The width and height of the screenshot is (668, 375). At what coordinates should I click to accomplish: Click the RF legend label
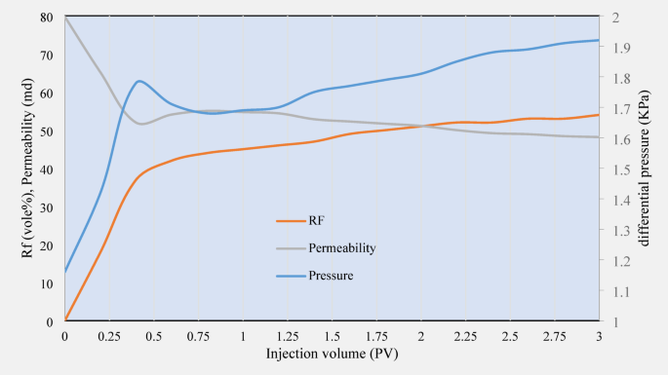point(316,221)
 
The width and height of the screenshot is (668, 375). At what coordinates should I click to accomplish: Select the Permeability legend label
point(342,248)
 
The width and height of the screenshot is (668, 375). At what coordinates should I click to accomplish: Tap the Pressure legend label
point(331,276)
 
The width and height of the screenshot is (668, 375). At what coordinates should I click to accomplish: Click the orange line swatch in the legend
point(291,221)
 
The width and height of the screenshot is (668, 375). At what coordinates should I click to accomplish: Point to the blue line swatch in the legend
point(291,276)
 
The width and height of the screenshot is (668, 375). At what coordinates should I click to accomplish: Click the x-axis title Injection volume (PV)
point(332,354)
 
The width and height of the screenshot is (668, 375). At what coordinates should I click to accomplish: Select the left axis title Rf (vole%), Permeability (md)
point(26,168)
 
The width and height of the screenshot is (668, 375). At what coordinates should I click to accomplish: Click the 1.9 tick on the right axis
point(620,48)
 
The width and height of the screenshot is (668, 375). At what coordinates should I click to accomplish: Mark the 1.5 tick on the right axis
point(620,169)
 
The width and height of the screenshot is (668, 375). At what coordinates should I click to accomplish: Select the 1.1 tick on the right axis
point(620,291)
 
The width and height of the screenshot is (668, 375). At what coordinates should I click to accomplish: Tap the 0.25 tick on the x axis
point(109,335)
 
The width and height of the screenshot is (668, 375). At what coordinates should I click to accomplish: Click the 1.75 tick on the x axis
point(376,335)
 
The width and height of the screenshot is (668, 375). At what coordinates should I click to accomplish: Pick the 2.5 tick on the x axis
point(510,335)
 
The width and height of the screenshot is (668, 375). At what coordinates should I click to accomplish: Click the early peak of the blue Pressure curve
point(140,81)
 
